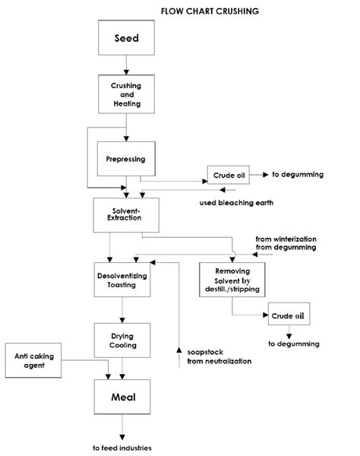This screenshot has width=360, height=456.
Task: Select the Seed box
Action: point(126,39)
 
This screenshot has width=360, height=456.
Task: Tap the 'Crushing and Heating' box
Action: point(126,94)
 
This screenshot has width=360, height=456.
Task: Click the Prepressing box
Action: point(126,160)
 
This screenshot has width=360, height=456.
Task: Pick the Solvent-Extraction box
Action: point(126,214)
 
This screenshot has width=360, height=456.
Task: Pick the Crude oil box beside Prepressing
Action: point(229,176)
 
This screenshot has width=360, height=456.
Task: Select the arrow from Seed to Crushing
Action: point(126,64)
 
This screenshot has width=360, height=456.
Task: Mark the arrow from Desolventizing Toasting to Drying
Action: point(122,309)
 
